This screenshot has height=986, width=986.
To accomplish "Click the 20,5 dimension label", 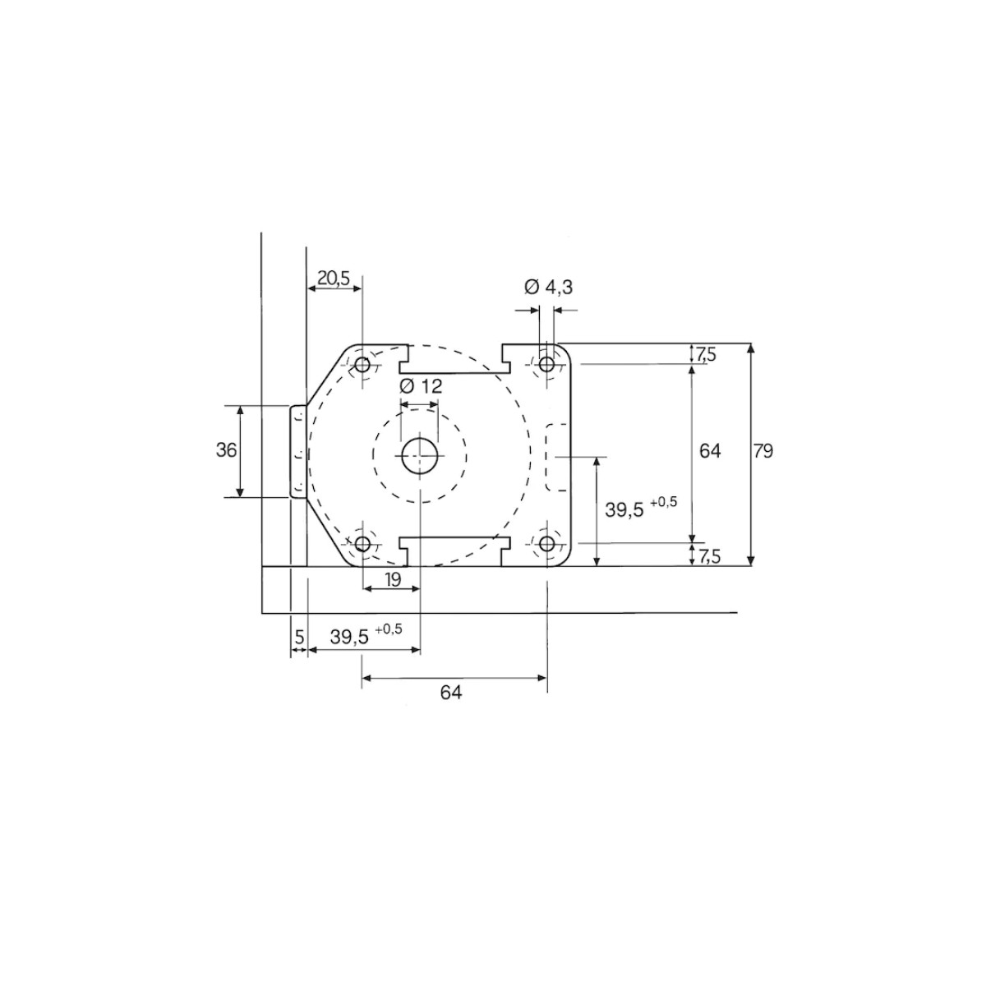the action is pyautogui.click(x=333, y=278).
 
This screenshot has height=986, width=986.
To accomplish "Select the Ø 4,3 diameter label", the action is pyautogui.click(x=548, y=288).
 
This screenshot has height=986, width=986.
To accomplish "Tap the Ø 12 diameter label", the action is pyautogui.click(x=420, y=386).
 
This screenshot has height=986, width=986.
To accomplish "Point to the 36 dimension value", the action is pyautogui.click(x=226, y=450).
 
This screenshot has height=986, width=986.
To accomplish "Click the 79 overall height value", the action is pyautogui.click(x=763, y=451).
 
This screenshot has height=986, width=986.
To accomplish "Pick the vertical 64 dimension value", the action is pyautogui.click(x=710, y=451).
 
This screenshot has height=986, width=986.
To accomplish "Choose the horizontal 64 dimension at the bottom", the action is pyautogui.click(x=451, y=693).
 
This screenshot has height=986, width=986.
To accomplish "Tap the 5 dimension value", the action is pyautogui.click(x=300, y=637).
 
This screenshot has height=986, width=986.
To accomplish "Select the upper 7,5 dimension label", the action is pyautogui.click(x=706, y=353).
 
